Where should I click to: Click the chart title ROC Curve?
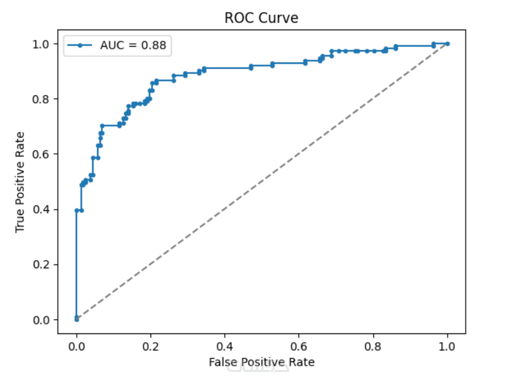(x=261, y=18)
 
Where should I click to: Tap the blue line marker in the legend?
(x=80, y=45)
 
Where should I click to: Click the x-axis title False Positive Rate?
(x=262, y=362)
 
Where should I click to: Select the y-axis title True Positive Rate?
(x=20, y=182)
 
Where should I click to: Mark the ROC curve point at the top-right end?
(x=448, y=44)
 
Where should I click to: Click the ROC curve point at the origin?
(x=76, y=319)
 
